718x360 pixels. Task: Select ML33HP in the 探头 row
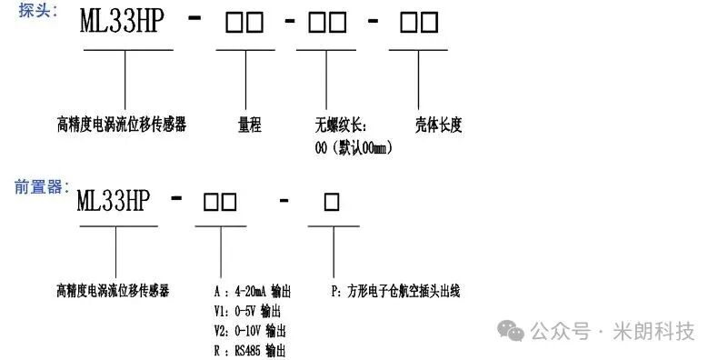click(122, 21)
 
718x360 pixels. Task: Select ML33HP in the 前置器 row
click(113, 201)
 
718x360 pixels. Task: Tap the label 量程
click(250, 125)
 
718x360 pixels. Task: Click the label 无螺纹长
click(341, 125)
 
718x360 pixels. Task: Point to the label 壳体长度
click(439, 125)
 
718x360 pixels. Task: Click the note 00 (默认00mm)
click(354, 148)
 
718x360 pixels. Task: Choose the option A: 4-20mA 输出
click(253, 291)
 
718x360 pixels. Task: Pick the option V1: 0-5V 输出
click(247, 311)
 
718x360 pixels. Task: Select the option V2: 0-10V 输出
click(250, 331)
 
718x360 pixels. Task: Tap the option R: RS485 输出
click(250, 351)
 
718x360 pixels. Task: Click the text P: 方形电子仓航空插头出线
click(395, 291)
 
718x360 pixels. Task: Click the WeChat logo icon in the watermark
click(511, 331)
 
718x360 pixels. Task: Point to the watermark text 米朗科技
click(653, 331)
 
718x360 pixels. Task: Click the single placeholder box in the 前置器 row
click(332, 202)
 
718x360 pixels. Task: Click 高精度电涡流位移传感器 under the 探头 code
click(122, 125)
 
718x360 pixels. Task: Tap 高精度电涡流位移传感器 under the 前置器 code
click(113, 291)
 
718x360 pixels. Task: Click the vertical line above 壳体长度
click(418, 80)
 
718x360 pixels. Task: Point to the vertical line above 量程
click(246, 80)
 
